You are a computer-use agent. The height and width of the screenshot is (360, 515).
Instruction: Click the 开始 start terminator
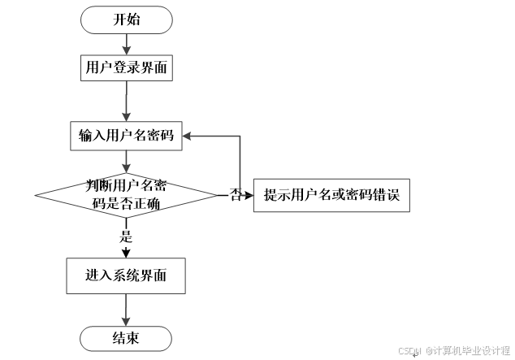(127, 20)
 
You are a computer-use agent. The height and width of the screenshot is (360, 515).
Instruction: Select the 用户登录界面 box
(127, 68)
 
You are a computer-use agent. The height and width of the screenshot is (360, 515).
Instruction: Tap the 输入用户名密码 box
(126, 135)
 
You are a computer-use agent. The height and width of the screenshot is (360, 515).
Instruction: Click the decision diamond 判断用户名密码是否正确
(127, 195)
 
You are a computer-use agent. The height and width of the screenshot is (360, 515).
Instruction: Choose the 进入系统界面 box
(126, 275)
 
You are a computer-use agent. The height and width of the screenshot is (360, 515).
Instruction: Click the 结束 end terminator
(127, 338)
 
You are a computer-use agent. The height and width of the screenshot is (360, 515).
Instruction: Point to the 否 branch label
(236, 195)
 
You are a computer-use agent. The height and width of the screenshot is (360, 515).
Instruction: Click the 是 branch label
(126, 238)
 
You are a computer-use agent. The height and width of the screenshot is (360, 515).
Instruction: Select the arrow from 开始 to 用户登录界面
(127, 44)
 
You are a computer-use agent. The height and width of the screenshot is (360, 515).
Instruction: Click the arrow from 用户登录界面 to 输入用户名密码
(127, 102)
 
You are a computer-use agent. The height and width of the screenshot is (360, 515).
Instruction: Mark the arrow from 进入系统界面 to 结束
(127, 309)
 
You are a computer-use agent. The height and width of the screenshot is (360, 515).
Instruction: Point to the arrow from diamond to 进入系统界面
(127, 244)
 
